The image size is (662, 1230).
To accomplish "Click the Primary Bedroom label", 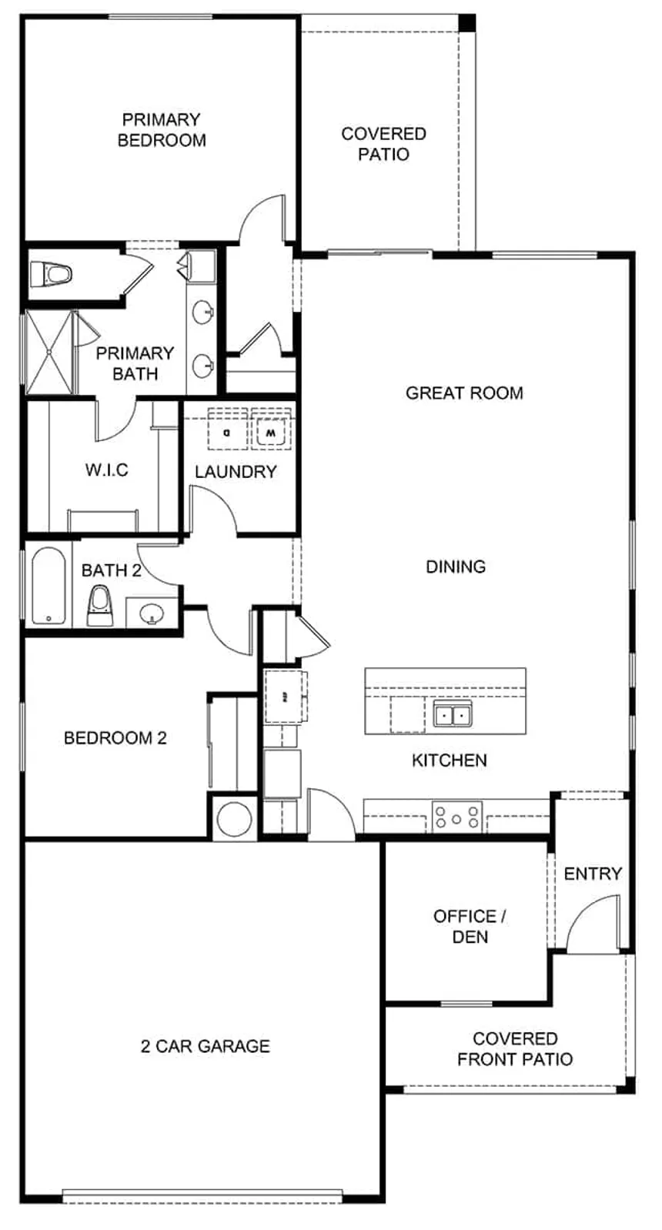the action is (162, 129).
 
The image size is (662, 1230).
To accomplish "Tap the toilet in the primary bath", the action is (51, 273).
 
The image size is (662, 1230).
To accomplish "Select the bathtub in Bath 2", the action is (48, 585).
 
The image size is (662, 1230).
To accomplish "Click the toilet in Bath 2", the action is (100, 606).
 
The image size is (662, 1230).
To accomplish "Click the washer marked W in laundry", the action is (270, 433).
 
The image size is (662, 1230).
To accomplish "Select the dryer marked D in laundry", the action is (227, 433).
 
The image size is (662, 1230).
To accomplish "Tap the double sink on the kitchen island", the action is (453, 714).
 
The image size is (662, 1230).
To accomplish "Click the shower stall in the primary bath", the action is (48, 352).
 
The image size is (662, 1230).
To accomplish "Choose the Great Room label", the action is (464, 393).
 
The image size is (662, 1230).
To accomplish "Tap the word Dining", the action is (456, 567).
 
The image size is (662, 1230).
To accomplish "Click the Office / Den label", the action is (470, 926).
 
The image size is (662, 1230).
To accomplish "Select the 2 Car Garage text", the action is (206, 1046).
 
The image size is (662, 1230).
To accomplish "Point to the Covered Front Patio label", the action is (515, 1049).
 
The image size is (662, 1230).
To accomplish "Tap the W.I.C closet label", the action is (107, 470).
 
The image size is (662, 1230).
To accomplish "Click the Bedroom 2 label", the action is (115, 737).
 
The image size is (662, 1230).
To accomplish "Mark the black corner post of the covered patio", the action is (466, 22).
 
